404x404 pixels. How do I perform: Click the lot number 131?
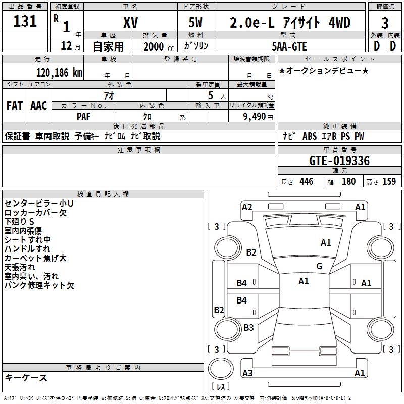point(25,21)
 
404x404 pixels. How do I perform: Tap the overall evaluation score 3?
point(385,23)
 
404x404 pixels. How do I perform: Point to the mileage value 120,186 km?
point(60,72)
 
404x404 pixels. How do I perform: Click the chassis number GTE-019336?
point(339,161)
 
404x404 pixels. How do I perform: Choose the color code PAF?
point(84,116)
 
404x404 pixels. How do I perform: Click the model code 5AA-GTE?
point(290,46)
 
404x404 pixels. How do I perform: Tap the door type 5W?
point(196,23)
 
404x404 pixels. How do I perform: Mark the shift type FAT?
point(15,106)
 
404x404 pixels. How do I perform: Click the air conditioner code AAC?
point(39,106)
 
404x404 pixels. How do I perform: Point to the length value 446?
point(306,182)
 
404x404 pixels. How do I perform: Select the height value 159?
point(389,182)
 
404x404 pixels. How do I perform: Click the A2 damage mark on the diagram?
point(247,207)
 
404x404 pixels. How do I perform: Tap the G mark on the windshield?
point(319,266)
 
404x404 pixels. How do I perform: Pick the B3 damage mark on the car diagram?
point(248,327)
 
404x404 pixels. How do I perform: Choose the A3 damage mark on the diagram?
point(247,373)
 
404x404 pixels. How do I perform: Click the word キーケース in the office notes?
point(26,378)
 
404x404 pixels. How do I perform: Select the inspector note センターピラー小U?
point(39,204)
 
